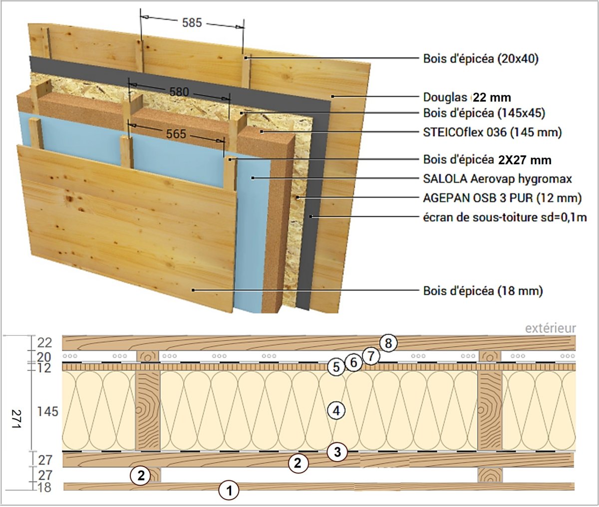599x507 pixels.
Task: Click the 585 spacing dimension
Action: (192, 22)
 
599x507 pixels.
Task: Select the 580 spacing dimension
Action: (179, 92)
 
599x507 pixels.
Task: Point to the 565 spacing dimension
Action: (176, 134)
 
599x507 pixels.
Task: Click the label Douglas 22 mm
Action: (467, 97)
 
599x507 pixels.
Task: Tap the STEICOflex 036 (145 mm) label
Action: (492, 132)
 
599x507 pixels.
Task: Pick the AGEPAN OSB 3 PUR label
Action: (502, 198)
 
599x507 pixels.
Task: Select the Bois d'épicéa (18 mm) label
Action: (483, 290)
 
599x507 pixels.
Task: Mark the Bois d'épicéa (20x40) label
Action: (481, 58)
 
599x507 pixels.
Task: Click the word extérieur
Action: (550, 328)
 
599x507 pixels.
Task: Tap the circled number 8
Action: (388, 343)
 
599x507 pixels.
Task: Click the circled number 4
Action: (336, 411)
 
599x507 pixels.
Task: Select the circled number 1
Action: (229, 490)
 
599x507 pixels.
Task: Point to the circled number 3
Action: (337, 453)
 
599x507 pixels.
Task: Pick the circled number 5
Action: (336, 367)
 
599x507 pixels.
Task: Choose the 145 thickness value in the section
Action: (47, 412)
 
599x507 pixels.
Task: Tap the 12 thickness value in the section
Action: (44, 368)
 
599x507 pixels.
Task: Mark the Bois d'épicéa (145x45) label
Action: (484, 113)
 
